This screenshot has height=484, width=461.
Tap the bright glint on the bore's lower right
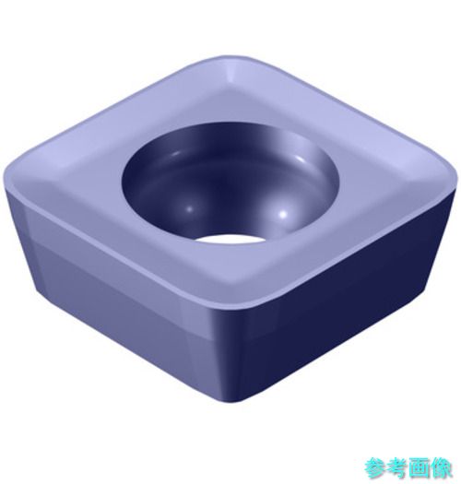(282, 213)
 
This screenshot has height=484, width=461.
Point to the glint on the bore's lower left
(189, 209)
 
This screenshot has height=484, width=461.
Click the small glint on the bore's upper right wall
(300, 159)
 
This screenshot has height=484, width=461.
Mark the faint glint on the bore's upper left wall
(175, 153)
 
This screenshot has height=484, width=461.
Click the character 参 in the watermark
(375, 467)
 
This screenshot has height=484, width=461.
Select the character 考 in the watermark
(396, 467)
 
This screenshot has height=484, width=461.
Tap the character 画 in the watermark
(419, 467)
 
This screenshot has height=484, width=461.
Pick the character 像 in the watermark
(441, 467)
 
